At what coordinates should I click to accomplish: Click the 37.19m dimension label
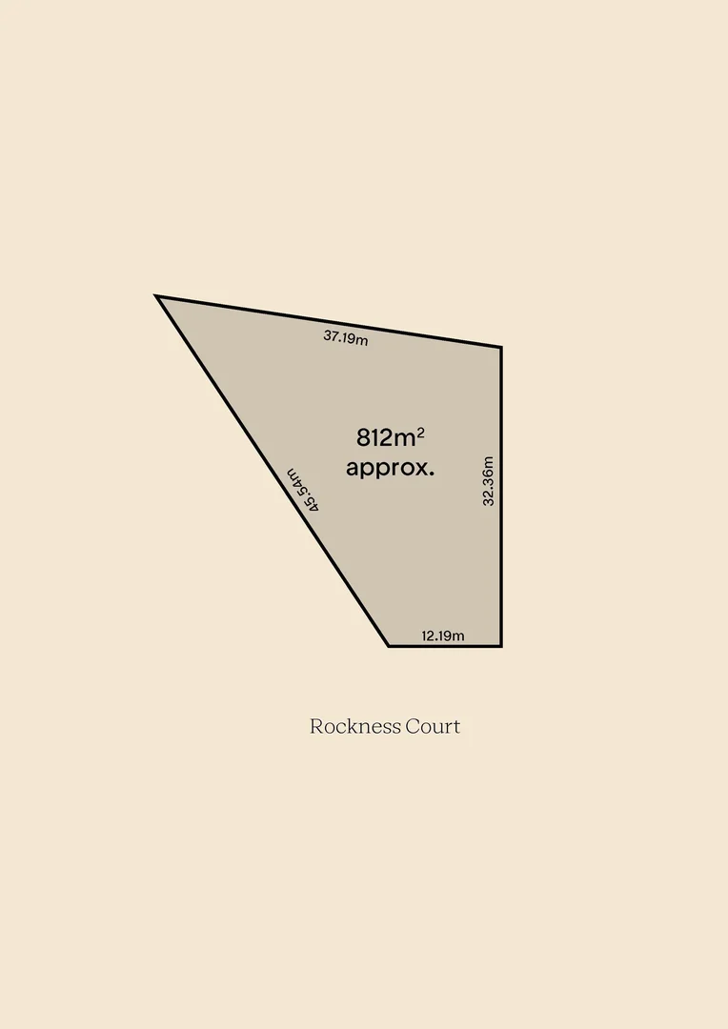345,336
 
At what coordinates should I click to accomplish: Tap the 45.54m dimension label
303,490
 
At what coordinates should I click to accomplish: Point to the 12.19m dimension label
443,636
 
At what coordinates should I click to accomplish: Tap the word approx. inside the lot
390,468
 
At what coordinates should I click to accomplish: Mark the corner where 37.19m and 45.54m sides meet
158,297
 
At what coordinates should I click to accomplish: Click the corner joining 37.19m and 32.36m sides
500,347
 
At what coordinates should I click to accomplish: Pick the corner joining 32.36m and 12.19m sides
500,645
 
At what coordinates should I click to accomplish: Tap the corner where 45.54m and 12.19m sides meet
389,645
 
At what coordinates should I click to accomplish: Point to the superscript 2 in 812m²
420,431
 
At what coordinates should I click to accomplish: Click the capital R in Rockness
316,726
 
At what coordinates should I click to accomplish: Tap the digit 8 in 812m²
363,438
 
